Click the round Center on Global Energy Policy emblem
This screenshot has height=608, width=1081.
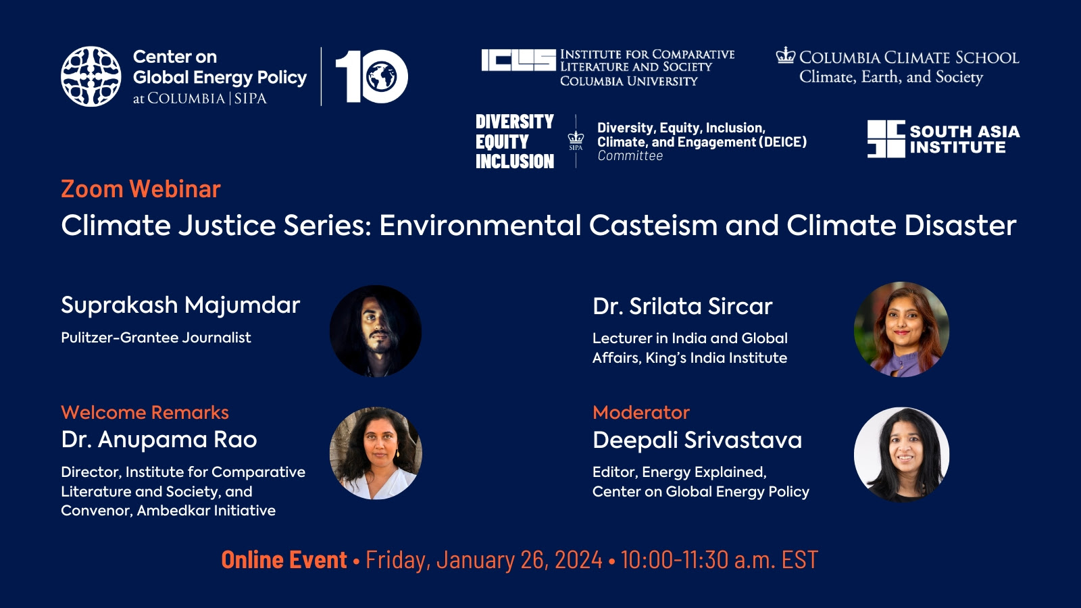91,76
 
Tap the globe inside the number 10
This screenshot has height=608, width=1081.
381,77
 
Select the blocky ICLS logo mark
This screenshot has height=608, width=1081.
518,60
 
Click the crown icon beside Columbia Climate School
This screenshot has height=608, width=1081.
785,55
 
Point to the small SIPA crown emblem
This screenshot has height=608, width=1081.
576,141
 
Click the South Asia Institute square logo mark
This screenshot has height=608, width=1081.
886,139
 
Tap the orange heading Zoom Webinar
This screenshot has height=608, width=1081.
141,188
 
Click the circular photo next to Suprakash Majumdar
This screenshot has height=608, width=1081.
376,331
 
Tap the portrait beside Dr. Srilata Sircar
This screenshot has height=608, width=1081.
901,330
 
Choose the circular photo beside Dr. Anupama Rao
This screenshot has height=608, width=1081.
376,453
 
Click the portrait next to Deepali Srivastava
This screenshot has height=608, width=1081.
901,455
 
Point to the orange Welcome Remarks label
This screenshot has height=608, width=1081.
145,413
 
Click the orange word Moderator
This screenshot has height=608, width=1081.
641,413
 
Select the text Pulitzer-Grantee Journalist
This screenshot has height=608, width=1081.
156,337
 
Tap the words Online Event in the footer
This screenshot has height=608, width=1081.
284,560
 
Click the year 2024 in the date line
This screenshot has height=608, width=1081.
578,560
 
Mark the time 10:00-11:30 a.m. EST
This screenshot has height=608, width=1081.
720,560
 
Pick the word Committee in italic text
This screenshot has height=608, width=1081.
630,156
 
